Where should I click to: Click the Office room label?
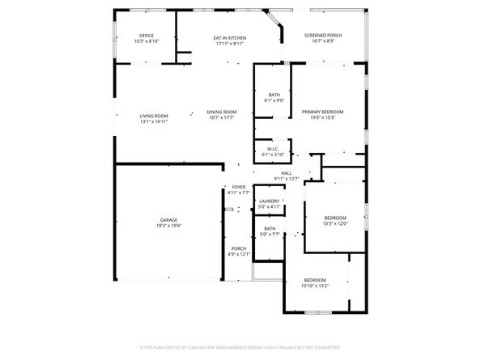[147, 36]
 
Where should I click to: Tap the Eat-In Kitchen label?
[230, 38]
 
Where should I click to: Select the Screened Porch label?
[323, 36]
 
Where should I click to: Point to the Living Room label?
[154, 116]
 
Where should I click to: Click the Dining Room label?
[221, 112]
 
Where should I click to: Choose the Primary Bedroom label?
[323, 112]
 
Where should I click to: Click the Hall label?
[287, 173]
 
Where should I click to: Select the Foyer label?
[239, 187]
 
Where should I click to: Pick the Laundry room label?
[270, 201]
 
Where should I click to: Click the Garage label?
[168, 220]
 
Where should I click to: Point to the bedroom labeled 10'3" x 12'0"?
[335, 218]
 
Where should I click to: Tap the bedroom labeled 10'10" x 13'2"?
[315, 280]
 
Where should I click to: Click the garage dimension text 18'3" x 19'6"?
[168, 226]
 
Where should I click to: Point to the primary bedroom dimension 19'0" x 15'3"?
[323, 117]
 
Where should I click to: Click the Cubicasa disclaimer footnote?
[240, 347]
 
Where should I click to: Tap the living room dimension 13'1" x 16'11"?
[154, 121]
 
